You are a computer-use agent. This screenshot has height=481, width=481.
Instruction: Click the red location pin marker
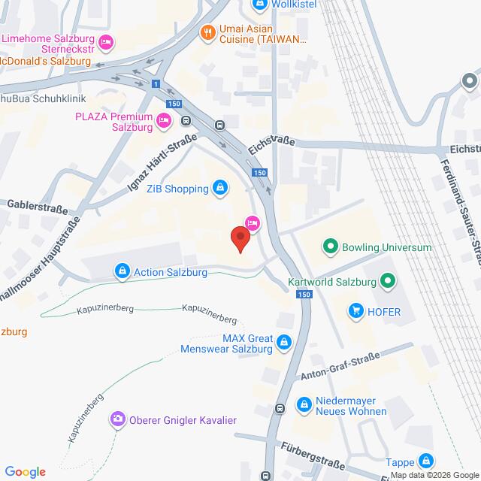coord(240,239)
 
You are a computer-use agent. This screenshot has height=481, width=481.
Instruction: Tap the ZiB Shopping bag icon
coord(219,186)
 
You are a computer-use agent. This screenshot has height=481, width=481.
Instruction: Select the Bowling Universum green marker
coord(328,247)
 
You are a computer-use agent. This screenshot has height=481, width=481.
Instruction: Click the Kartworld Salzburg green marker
coord(387,283)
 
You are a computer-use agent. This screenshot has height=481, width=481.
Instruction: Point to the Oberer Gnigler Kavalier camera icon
coord(116,419)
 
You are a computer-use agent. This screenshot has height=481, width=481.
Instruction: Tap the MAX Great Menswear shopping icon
coord(283,343)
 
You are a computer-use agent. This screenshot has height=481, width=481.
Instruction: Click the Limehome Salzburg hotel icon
coord(106,41)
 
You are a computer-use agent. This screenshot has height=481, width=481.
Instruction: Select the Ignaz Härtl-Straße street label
coord(162,163)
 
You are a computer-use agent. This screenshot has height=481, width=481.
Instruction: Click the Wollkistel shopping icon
coord(260,4)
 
